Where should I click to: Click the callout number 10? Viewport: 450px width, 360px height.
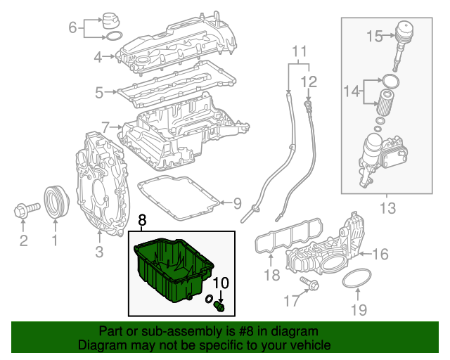[x=221, y=283]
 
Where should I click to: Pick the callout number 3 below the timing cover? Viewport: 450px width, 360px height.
[x=99, y=251]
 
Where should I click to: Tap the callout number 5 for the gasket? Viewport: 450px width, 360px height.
[x=99, y=91]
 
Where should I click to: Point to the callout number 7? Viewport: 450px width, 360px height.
[x=105, y=127]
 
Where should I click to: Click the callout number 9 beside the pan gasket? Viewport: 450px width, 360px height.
[x=236, y=204]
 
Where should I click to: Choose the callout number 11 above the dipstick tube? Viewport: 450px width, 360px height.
[x=300, y=50]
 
